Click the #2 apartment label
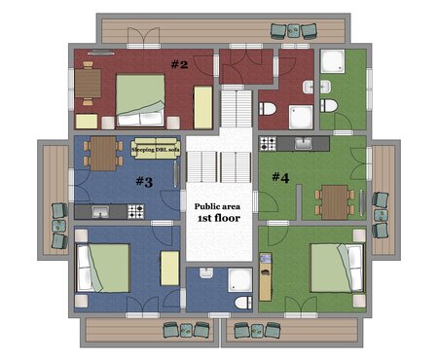(x=179, y=64)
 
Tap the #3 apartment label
(x=144, y=182)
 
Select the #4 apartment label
(x=280, y=177)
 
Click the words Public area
(x=217, y=206)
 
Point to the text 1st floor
(x=219, y=218)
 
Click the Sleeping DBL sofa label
(x=156, y=150)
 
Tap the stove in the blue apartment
(x=135, y=211)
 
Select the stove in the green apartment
(x=268, y=143)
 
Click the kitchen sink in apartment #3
(x=100, y=212)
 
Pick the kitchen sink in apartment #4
(x=304, y=143)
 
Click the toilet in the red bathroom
(x=268, y=109)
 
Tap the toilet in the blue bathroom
(x=243, y=303)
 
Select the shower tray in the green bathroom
(x=333, y=61)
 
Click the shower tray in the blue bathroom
(x=240, y=280)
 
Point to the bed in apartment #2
(x=140, y=100)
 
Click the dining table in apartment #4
(x=335, y=202)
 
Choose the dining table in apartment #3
(x=103, y=154)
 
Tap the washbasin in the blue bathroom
(x=206, y=272)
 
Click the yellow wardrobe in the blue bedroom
(x=170, y=269)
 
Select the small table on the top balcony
(x=294, y=31)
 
